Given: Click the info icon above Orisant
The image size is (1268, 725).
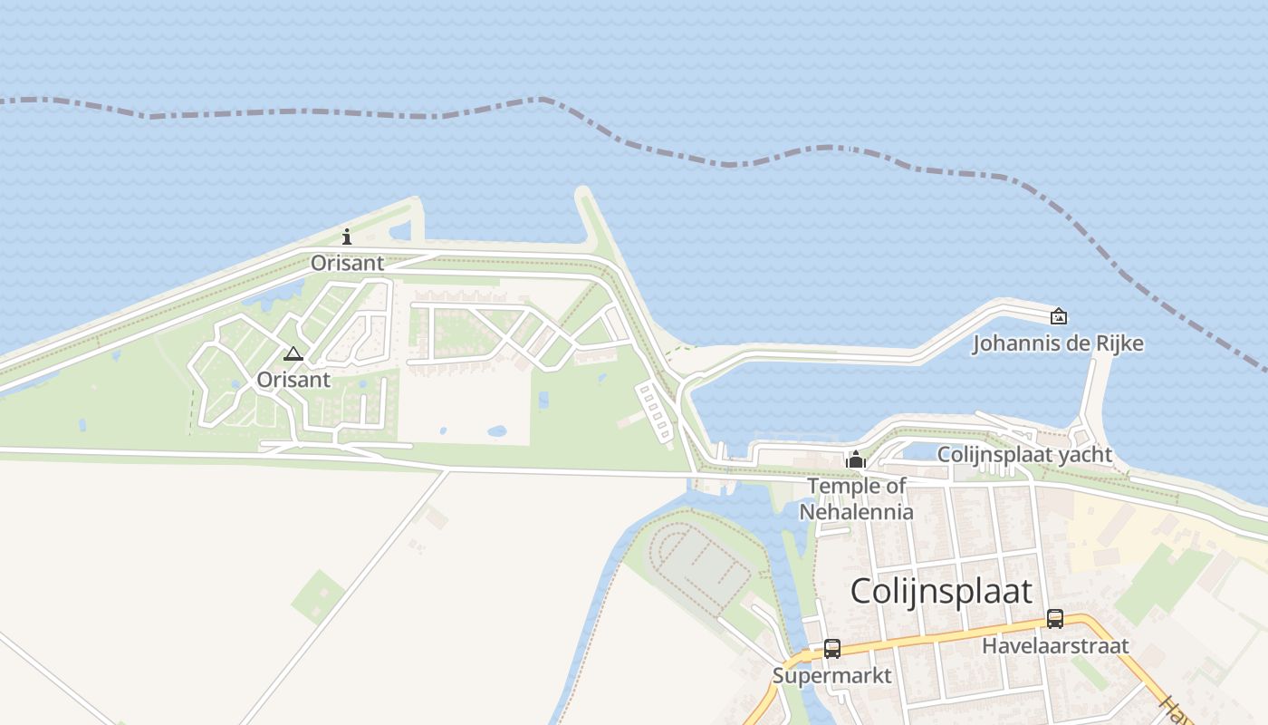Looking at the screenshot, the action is point(347,237).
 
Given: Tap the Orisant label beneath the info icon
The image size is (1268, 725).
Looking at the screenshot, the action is point(347,263).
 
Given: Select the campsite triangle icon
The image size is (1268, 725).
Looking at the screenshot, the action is point(293,353).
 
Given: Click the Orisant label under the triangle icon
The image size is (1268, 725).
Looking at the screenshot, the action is point(293,379).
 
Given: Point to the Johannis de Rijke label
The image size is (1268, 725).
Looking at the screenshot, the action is point(1057,343).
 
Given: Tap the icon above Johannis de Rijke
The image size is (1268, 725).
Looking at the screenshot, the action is point(1058,316).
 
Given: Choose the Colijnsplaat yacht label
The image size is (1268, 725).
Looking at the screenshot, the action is point(1023,454).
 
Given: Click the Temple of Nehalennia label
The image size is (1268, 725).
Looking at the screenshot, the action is point(856,498).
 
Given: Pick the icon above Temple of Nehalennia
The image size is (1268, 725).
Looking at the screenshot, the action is point(856,460).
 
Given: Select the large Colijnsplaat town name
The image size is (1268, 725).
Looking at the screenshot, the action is point(941,591).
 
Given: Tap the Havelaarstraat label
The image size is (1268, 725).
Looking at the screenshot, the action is point(1055,645).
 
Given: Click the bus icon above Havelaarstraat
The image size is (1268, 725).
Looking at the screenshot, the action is point(1055,619).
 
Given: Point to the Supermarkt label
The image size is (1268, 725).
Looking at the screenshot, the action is point(831,675).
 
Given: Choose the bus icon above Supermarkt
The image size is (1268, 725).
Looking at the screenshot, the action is point(832,649).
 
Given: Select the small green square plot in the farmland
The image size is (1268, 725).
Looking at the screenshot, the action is point(318,596).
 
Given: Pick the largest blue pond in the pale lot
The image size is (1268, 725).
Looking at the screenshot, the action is point(496,431).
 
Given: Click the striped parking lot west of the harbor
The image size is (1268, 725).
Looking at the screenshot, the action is point(657,413).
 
